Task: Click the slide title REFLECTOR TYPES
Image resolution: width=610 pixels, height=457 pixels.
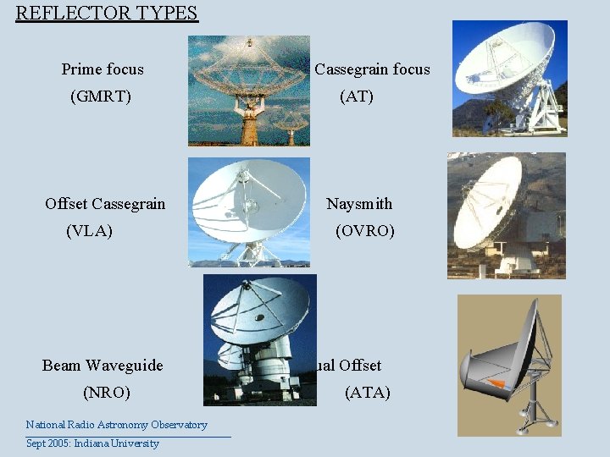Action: pyautogui.click(x=107, y=14)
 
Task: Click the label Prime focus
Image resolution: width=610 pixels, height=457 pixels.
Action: pyautogui.click(x=103, y=69)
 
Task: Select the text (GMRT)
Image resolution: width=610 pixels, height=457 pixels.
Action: pyautogui.click(x=100, y=96)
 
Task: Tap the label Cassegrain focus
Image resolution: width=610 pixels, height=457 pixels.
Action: pyautogui.click(x=372, y=69)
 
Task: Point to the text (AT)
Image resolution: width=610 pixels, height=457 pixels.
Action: pyautogui.click(x=356, y=96)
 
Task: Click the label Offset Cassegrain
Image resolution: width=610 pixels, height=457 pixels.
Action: pyautogui.click(x=105, y=204)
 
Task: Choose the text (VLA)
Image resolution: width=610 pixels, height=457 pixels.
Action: pyautogui.click(x=89, y=231)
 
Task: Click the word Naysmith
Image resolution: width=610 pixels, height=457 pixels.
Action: pyautogui.click(x=359, y=204)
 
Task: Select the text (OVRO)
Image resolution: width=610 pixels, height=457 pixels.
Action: pyautogui.click(x=364, y=231)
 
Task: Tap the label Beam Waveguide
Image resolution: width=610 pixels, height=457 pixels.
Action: pyautogui.click(x=103, y=366)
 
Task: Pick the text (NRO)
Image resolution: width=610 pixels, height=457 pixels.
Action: pyautogui.click(x=106, y=393)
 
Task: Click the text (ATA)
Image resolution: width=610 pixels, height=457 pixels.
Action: pyautogui.click(x=367, y=393)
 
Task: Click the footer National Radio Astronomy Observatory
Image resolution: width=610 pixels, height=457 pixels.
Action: pyautogui.click(x=116, y=425)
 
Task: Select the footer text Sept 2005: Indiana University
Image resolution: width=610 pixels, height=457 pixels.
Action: pyautogui.click(x=92, y=443)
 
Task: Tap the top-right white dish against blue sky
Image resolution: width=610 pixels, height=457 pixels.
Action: pyautogui.click(x=509, y=78)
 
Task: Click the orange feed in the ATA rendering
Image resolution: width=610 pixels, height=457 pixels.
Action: pyautogui.click(x=497, y=384)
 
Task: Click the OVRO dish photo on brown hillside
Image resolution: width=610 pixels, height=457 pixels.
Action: pyautogui.click(x=506, y=215)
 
